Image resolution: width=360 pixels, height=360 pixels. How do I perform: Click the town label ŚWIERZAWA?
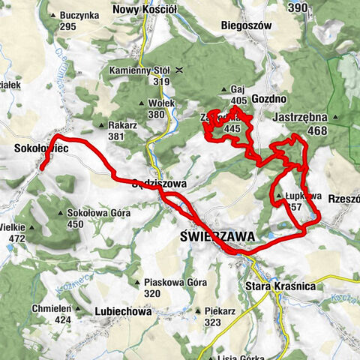pyautogui.click(x=218, y=235)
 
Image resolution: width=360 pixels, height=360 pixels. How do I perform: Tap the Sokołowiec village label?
pyautogui.click(x=42, y=150)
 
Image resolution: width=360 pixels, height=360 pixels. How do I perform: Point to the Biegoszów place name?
pyautogui.click(x=245, y=25)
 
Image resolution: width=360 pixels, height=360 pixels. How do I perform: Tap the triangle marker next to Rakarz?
pyautogui.click(x=102, y=125)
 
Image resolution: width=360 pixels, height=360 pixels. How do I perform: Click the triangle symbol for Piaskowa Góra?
pyautogui.click(x=137, y=283)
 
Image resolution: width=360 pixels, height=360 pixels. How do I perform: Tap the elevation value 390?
pyautogui.click(x=298, y=7)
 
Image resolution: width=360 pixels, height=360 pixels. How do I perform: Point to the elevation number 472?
pyautogui.click(x=16, y=238)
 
